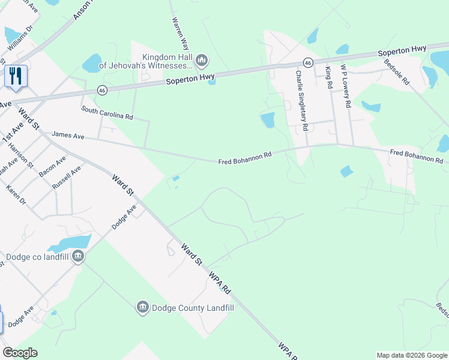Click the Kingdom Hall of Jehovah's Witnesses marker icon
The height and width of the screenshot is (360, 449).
(202, 61)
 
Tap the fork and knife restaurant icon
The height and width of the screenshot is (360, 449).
(16, 76)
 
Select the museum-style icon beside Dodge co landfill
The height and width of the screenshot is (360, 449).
(78, 257)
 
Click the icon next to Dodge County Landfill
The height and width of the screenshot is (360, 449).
(142, 308)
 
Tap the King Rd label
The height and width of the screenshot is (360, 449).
(329, 78)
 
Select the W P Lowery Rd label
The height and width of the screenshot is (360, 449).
(345, 86)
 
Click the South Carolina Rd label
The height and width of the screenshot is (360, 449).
(107, 113)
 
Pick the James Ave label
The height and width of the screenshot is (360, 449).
(68, 136)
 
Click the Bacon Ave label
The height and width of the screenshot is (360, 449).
(52, 168)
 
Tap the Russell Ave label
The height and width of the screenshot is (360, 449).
(66, 178)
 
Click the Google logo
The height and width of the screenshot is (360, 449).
(20, 353)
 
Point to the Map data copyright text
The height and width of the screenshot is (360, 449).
(411, 355)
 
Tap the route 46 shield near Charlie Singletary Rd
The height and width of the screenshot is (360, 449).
(307, 62)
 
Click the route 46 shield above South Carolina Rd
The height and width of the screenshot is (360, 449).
(102, 90)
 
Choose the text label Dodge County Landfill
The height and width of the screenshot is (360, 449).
(192, 308)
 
